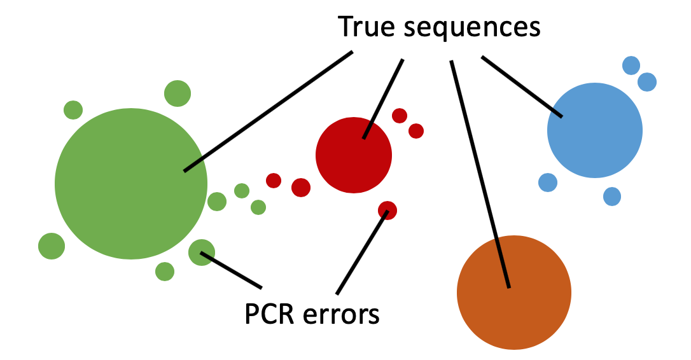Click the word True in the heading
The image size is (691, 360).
point(365,27)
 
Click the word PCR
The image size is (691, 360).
point(270,314)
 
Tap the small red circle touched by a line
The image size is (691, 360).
point(387,210)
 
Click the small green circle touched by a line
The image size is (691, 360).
point(202,253)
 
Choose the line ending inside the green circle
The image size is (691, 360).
point(267,112)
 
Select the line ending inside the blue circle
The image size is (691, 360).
point(522,87)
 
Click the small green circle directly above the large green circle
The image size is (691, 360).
point(178,93)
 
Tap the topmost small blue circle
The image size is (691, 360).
point(631,66)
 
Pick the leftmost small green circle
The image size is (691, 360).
point(52,246)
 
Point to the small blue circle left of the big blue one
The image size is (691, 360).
point(548,183)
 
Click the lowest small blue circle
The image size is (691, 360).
point(611,196)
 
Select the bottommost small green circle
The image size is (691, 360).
point(165,272)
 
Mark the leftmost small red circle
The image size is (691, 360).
point(274,181)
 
